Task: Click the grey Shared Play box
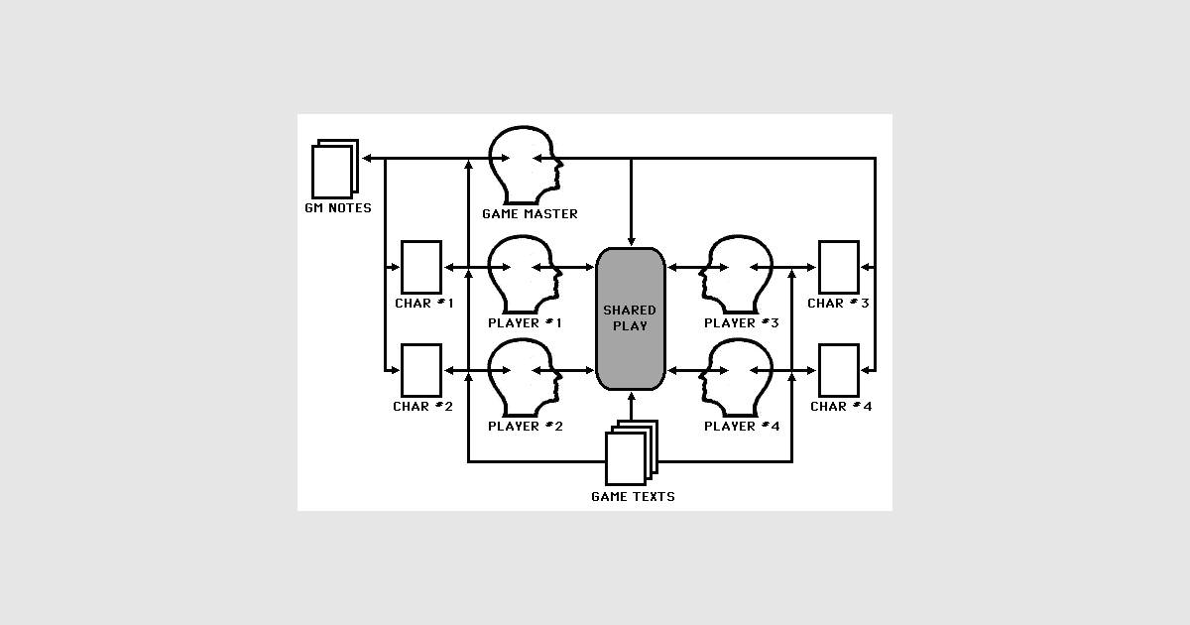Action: [631, 318]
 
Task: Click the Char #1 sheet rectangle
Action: [421, 267]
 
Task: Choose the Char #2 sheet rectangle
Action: [421, 370]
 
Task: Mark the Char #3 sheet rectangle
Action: [839, 267]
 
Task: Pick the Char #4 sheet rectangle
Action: [839, 370]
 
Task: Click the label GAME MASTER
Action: [530, 214]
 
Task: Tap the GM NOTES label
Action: [338, 208]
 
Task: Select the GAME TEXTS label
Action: [633, 497]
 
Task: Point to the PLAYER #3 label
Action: [741, 323]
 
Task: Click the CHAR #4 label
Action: [841, 407]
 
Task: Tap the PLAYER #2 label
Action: [525, 427]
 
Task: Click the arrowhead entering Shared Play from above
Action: [631, 242]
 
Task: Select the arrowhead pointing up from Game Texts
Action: [631, 397]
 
